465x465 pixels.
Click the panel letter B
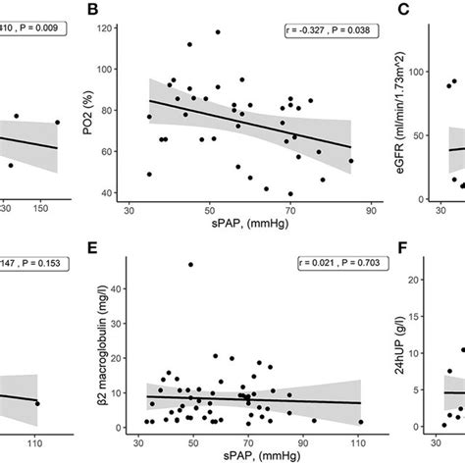coord(94,11)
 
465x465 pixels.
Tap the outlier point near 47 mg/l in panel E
coord(190,264)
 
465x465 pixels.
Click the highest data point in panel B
coord(218,32)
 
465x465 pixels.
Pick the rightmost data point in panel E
coord(360,422)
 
